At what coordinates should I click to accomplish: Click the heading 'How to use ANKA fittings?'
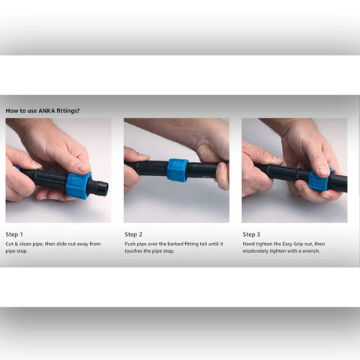43,110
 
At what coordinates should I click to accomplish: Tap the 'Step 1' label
15,234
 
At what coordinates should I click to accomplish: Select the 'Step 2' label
133,234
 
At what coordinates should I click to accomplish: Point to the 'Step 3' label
251,234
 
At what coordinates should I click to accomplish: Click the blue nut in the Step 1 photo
78,185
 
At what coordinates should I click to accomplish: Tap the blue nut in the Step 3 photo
319,180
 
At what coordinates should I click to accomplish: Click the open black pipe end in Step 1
101,187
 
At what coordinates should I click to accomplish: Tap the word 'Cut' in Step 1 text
10,244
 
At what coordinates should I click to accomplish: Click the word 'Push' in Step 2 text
130,244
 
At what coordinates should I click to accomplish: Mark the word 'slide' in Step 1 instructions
65,244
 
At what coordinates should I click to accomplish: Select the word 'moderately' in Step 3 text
256,250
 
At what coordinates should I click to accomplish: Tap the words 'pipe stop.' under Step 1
18,250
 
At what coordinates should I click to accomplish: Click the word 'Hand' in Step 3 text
248,244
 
